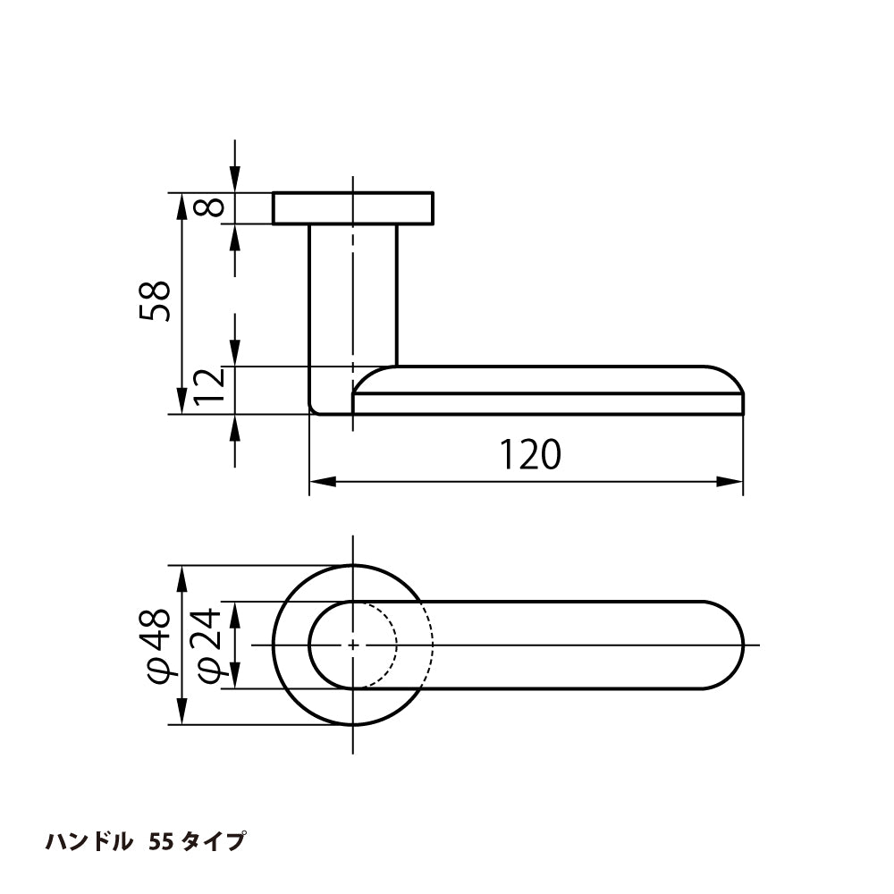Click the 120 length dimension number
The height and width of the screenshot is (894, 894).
(530, 454)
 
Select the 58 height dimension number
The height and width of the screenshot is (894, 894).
(155, 301)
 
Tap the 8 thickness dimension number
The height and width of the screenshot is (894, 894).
(208, 207)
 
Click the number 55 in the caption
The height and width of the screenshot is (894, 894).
(161, 841)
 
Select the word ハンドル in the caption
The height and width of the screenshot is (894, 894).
(89, 841)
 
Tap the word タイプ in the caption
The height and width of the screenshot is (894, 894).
(214, 841)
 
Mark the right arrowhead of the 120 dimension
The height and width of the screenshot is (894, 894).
(730, 482)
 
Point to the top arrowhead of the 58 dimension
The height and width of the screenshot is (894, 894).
(181, 207)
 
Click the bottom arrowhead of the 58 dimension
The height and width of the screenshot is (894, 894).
(181, 401)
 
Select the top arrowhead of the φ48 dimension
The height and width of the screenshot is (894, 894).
(181, 578)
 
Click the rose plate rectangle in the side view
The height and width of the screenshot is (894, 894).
(353, 208)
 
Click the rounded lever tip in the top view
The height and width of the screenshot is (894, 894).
(723, 645)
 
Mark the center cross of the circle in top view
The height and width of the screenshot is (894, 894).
(353, 645)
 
